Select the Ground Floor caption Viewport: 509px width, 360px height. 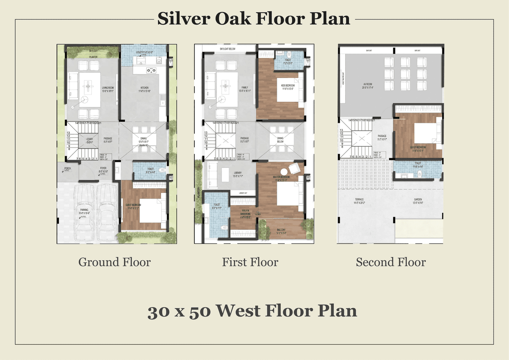(x=115, y=263)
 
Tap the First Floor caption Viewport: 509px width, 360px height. (x=250, y=263)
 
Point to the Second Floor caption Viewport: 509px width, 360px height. (x=391, y=263)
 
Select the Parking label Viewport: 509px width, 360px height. (x=84, y=210)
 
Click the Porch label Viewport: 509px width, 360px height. (x=68, y=168)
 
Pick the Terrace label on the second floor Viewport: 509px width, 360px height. (x=359, y=199)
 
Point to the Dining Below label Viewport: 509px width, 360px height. (x=280, y=139)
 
